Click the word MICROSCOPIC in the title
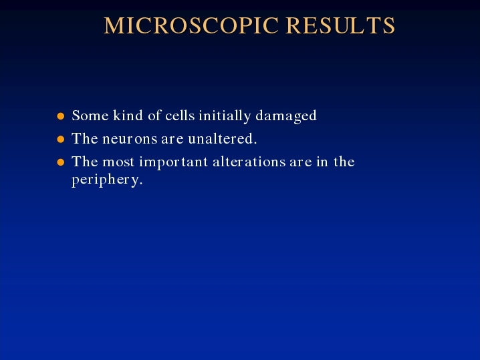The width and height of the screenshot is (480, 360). pyautogui.click(x=191, y=25)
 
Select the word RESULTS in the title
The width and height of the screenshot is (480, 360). pyautogui.click(x=340, y=25)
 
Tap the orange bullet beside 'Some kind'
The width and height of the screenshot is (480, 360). pyautogui.click(x=61, y=116)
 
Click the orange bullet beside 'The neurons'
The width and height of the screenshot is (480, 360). pyautogui.click(x=61, y=139)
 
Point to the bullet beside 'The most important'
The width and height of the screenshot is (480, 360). pyautogui.click(x=61, y=162)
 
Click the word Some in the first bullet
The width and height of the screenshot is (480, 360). pyautogui.click(x=90, y=116)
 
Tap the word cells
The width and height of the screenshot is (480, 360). pyautogui.click(x=180, y=116)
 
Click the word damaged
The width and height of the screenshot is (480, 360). pyautogui.click(x=286, y=116)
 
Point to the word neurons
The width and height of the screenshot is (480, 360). pyautogui.click(x=130, y=139)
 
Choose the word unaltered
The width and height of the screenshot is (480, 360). pyautogui.click(x=223, y=138)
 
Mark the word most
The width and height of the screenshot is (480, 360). pyautogui.click(x=118, y=162)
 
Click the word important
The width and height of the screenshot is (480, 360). pyautogui.click(x=174, y=163)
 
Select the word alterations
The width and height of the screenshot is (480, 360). pyautogui.click(x=249, y=162)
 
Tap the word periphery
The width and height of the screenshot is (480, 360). pyautogui.click(x=107, y=180)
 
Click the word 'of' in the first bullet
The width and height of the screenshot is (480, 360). pyautogui.click(x=154, y=116)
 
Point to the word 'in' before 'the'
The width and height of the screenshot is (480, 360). pyautogui.click(x=322, y=162)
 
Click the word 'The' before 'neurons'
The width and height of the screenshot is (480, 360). pyautogui.click(x=85, y=138)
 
